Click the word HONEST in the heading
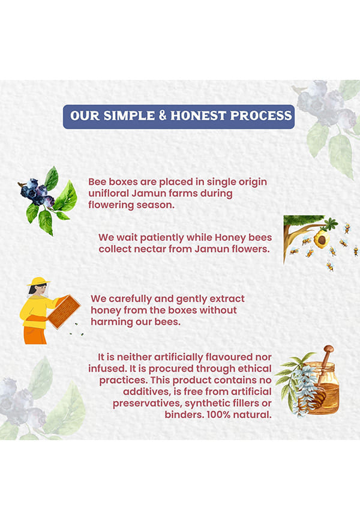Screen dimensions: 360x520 click(x=198, y=116)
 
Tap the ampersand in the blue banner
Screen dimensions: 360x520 click(x=163, y=115)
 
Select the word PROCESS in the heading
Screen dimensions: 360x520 click(x=261, y=116)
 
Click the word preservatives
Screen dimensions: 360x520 click(x=147, y=404)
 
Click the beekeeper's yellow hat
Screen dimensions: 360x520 click(x=38, y=281)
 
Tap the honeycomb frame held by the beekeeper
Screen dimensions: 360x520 click(x=64, y=312)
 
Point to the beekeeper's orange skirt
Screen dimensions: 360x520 click(x=35, y=335)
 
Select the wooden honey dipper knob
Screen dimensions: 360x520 click(x=329, y=349)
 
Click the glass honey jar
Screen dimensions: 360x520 click(x=320, y=388)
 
